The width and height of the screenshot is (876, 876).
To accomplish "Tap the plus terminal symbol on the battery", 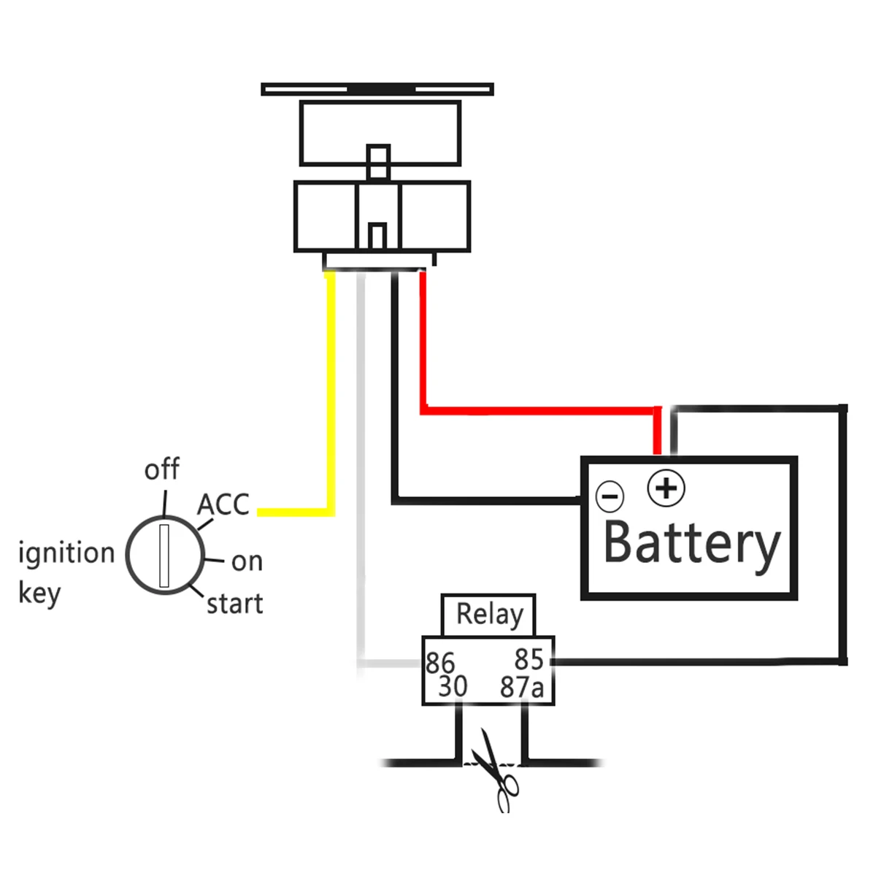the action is (666, 488).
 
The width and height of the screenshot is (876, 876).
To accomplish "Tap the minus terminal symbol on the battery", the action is (610, 496).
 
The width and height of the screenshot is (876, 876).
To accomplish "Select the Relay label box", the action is (488, 615).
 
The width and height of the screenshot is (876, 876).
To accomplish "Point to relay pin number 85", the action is (529, 658).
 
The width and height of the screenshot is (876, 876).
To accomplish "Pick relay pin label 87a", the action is (521, 687).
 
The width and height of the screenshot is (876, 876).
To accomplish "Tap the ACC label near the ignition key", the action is (223, 504).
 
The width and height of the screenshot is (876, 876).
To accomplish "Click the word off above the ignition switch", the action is (162, 468).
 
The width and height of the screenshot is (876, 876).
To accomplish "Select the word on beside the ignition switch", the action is (247, 562).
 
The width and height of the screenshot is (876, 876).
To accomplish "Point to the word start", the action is (234, 604).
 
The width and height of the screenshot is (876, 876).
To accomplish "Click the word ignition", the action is (66, 553).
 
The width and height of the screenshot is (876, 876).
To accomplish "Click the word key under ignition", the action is (39, 593).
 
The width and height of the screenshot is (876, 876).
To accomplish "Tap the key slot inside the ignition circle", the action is (164, 556).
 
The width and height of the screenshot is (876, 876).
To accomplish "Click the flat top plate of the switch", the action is (377, 89).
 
